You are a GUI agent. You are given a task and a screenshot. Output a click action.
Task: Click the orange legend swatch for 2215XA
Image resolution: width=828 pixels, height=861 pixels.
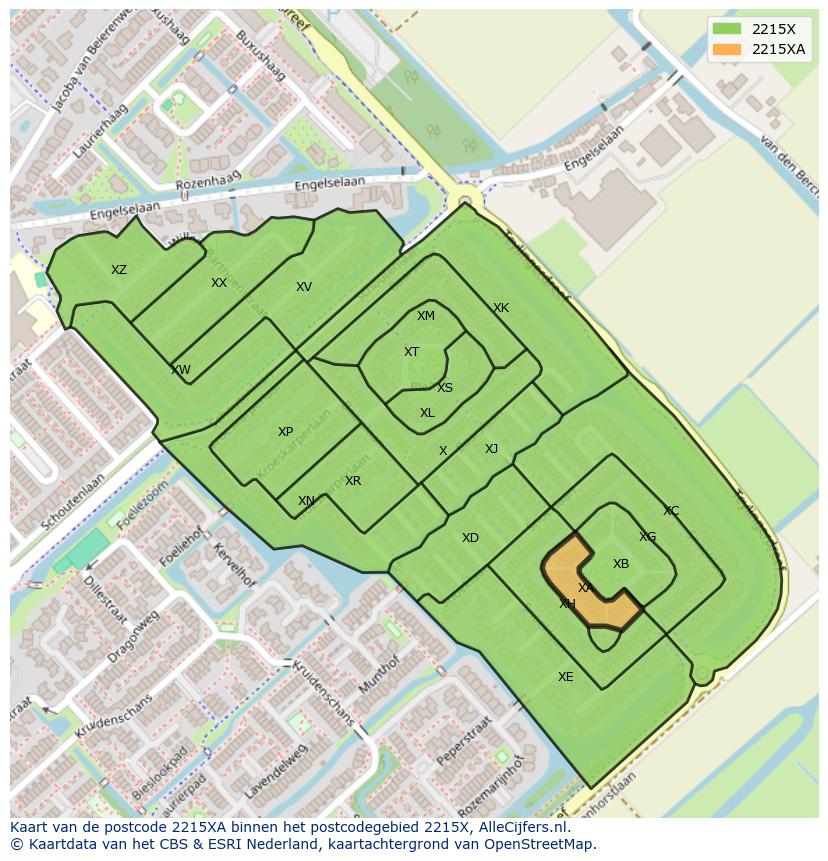coord(727,49)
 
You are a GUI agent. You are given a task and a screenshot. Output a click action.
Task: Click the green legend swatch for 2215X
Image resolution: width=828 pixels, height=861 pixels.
coord(727,29)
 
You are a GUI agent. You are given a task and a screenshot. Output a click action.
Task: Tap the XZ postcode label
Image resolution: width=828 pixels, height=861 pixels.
coord(119,270)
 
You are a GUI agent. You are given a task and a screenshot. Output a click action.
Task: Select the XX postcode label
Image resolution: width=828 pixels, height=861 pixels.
coord(219,283)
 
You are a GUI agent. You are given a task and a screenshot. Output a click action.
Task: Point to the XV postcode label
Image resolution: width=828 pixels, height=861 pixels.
coord(304,287)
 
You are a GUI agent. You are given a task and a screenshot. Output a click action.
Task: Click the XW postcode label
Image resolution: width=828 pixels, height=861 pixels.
coord(181,370)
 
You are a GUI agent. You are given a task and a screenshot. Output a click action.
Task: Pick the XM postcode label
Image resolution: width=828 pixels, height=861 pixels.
coord(426,316)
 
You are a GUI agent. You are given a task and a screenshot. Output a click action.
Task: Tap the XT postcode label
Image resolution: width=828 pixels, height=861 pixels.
coord(411,352)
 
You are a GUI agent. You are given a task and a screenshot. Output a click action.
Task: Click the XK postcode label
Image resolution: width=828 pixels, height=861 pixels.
coord(501,308)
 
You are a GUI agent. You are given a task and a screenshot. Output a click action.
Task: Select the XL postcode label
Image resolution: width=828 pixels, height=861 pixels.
coord(427,413)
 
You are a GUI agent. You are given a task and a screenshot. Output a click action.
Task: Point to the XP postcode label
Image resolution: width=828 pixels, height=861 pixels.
coord(286,432)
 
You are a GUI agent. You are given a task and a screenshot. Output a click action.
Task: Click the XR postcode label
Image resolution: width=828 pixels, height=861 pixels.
coord(353,481)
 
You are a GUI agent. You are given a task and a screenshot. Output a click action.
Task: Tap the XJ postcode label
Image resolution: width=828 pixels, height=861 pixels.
coord(491,449)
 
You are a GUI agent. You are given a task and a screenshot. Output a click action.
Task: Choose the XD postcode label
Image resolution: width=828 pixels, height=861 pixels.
coord(470,538)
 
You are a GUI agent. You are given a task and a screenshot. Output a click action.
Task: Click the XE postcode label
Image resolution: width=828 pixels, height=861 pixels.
coord(566,677)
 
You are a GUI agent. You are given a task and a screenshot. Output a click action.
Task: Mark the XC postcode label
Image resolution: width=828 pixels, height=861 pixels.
coord(671,511)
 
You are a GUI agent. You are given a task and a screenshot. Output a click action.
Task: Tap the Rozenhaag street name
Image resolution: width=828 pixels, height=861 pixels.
coord(203,185)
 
